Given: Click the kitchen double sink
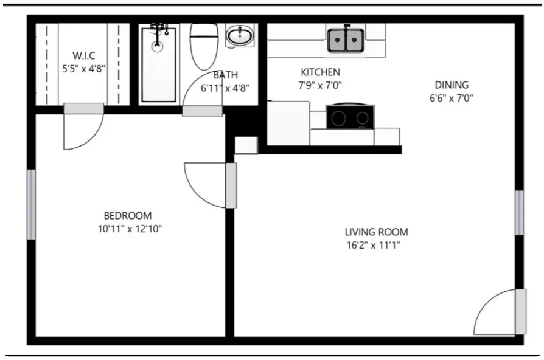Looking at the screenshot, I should click(346, 40).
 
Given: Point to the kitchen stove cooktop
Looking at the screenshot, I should click(350, 117).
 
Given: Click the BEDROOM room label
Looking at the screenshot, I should click(127, 215).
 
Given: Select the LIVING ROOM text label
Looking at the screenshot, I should click(376, 232).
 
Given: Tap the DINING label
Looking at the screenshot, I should click(451, 85).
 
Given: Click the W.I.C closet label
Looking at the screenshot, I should click(84, 56).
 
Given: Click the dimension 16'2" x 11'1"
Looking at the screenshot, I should click(376, 246).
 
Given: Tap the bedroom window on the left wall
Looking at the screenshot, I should click(31, 204).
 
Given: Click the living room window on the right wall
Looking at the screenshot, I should click(519, 212).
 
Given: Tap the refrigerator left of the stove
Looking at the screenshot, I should click(288, 123).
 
